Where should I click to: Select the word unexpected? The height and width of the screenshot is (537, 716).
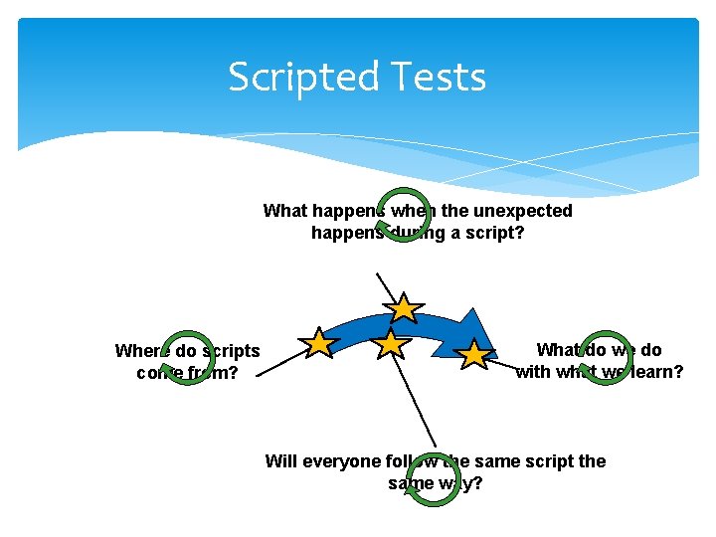(522, 211)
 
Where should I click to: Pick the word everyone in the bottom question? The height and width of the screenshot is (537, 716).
(341, 461)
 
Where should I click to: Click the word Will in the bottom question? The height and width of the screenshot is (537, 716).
(280, 461)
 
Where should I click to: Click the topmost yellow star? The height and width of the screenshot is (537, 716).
(403, 308)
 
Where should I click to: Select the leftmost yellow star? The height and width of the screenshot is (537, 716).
(319, 343)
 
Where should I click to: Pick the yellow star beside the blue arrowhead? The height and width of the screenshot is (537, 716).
(474, 353)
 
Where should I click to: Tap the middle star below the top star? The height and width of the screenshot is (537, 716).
(393, 344)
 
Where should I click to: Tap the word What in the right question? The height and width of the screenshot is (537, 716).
(557, 350)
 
